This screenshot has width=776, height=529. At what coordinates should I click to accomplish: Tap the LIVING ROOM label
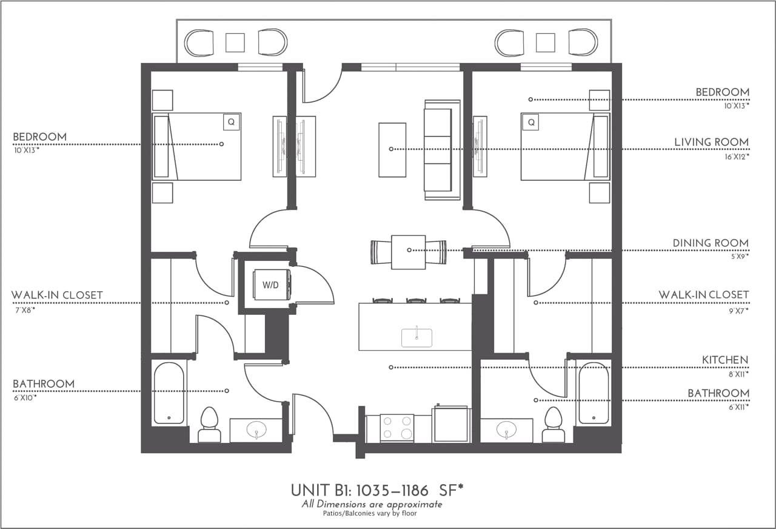click(711, 142)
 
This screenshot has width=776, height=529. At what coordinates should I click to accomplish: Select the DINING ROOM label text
click(710, 243)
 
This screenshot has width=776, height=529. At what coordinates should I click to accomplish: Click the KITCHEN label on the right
click(724, 360)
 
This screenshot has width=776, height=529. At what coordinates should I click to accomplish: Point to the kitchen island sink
click(417, 337)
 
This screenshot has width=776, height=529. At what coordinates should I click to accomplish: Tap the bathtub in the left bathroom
click(169, 393)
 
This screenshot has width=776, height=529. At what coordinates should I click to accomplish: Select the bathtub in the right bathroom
click(593, 393)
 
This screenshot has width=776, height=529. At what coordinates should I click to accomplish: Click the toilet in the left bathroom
click(209, 424)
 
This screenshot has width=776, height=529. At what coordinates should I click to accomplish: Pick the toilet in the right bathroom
click(553, 424)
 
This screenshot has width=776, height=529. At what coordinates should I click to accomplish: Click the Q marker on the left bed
click(230, 122)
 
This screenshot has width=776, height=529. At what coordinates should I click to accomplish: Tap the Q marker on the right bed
click(531, 122)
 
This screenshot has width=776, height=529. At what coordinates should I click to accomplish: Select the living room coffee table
click(392, 150)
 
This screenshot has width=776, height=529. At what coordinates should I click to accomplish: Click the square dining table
click(408, 252)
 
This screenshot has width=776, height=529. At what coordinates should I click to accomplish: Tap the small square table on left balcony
click(235, 42)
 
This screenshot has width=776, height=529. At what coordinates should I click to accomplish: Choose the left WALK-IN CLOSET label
click(57, 295)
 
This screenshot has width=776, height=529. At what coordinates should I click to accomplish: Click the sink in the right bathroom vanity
click(506, 431)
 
